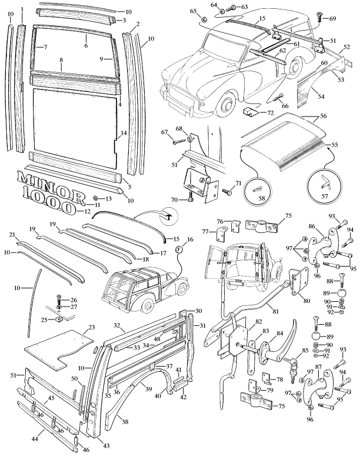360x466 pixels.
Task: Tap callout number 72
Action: [x=270, y=112]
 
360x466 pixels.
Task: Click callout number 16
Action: [x=190, y=240]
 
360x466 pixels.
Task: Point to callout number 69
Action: [x=333, y=19]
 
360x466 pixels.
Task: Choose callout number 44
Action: [x=35, y=439]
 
